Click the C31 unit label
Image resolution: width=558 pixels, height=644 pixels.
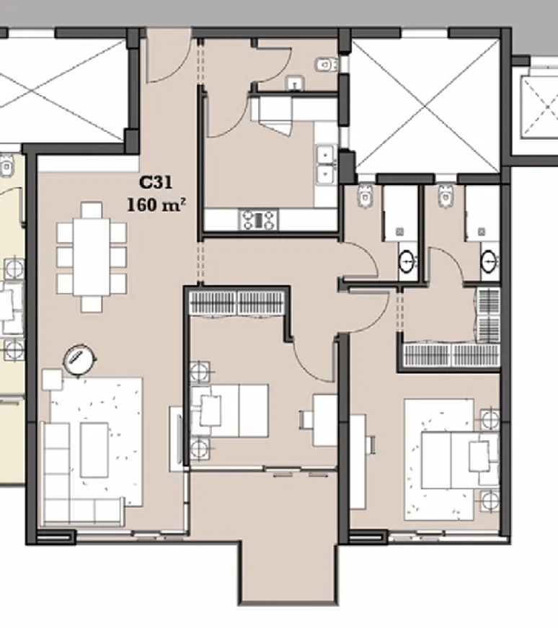click(x=155, y=184)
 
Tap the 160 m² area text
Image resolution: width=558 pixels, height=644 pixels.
click(x=156, y=205)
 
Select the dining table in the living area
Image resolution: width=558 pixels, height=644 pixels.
click(x=92, y=256)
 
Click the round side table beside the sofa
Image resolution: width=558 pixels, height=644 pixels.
click(x=79, y=357)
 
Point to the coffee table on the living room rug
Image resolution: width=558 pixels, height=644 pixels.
click(x=94, y=450)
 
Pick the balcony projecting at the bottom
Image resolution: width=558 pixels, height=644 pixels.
click(x=287, y=569)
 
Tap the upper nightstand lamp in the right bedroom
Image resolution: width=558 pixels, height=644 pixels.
click(x=490, y=419)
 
